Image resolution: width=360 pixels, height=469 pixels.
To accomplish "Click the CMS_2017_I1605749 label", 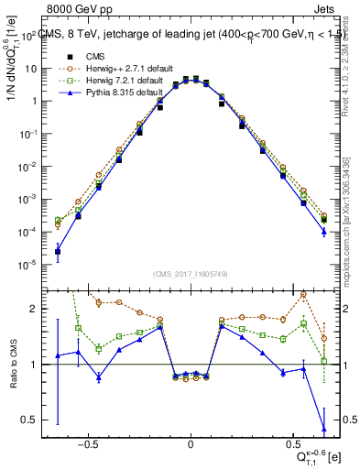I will coord(191,274).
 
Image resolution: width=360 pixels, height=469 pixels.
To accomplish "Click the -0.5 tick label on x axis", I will coord(88,442).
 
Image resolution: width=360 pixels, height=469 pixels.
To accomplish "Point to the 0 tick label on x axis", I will coord(191,442).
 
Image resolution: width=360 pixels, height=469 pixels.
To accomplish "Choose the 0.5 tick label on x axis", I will coord(292,442).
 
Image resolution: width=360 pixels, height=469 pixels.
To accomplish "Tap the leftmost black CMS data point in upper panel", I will coord(58,252).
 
